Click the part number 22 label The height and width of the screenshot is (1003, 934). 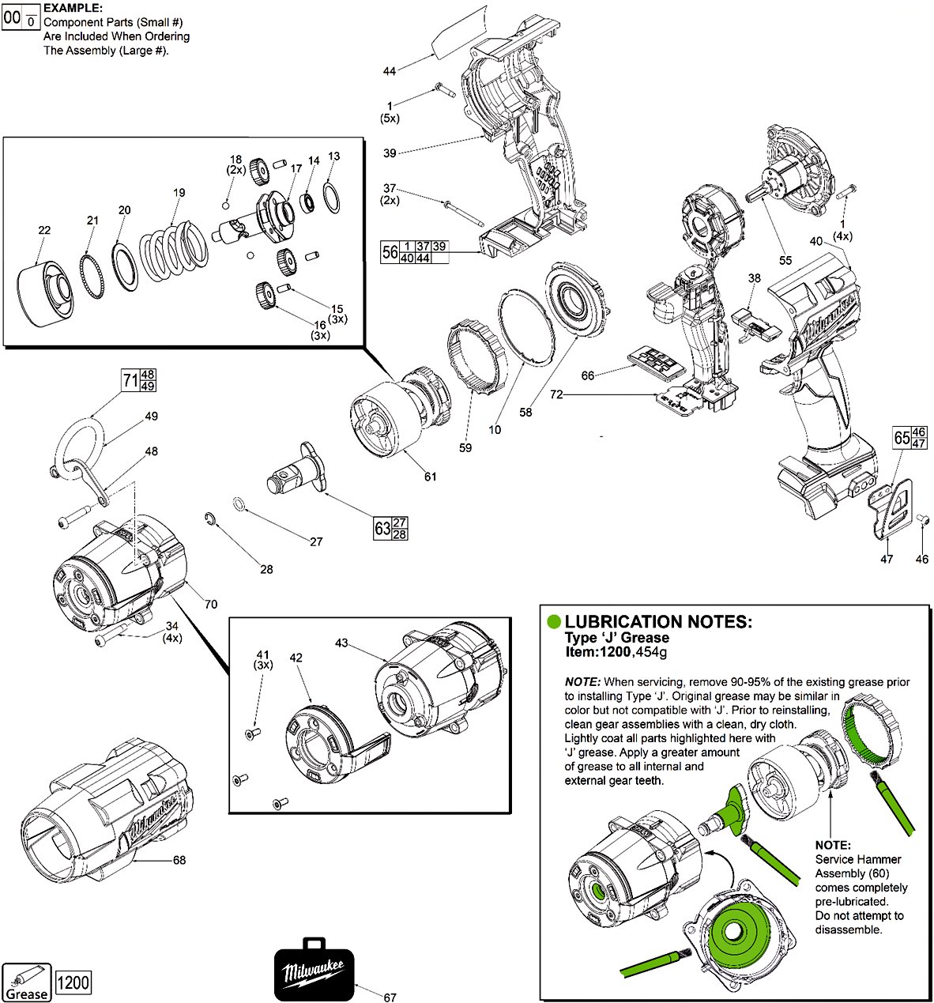click(x=44, y=230)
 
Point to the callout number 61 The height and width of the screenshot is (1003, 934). click(x=430, y=477)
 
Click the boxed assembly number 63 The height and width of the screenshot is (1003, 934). click(x=382, y=528)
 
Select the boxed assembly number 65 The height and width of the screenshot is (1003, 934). click(x=902, y=438)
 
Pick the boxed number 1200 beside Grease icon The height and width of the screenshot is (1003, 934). click(x=74, y=983)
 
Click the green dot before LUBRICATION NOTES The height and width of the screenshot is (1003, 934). click(x=555, y=622)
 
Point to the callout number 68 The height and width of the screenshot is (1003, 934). click(x=179, y=860)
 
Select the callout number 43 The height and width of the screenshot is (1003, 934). click(x=341, y=643)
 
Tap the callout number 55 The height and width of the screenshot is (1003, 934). click(x=785, y=260)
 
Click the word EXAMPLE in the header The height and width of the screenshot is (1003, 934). click(x=73, y=7)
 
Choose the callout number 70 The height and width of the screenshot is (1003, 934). click(x=210, y=605)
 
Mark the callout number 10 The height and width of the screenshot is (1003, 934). click(x=495, y=430)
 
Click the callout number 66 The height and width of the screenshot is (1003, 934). click(x=587, y=375)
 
